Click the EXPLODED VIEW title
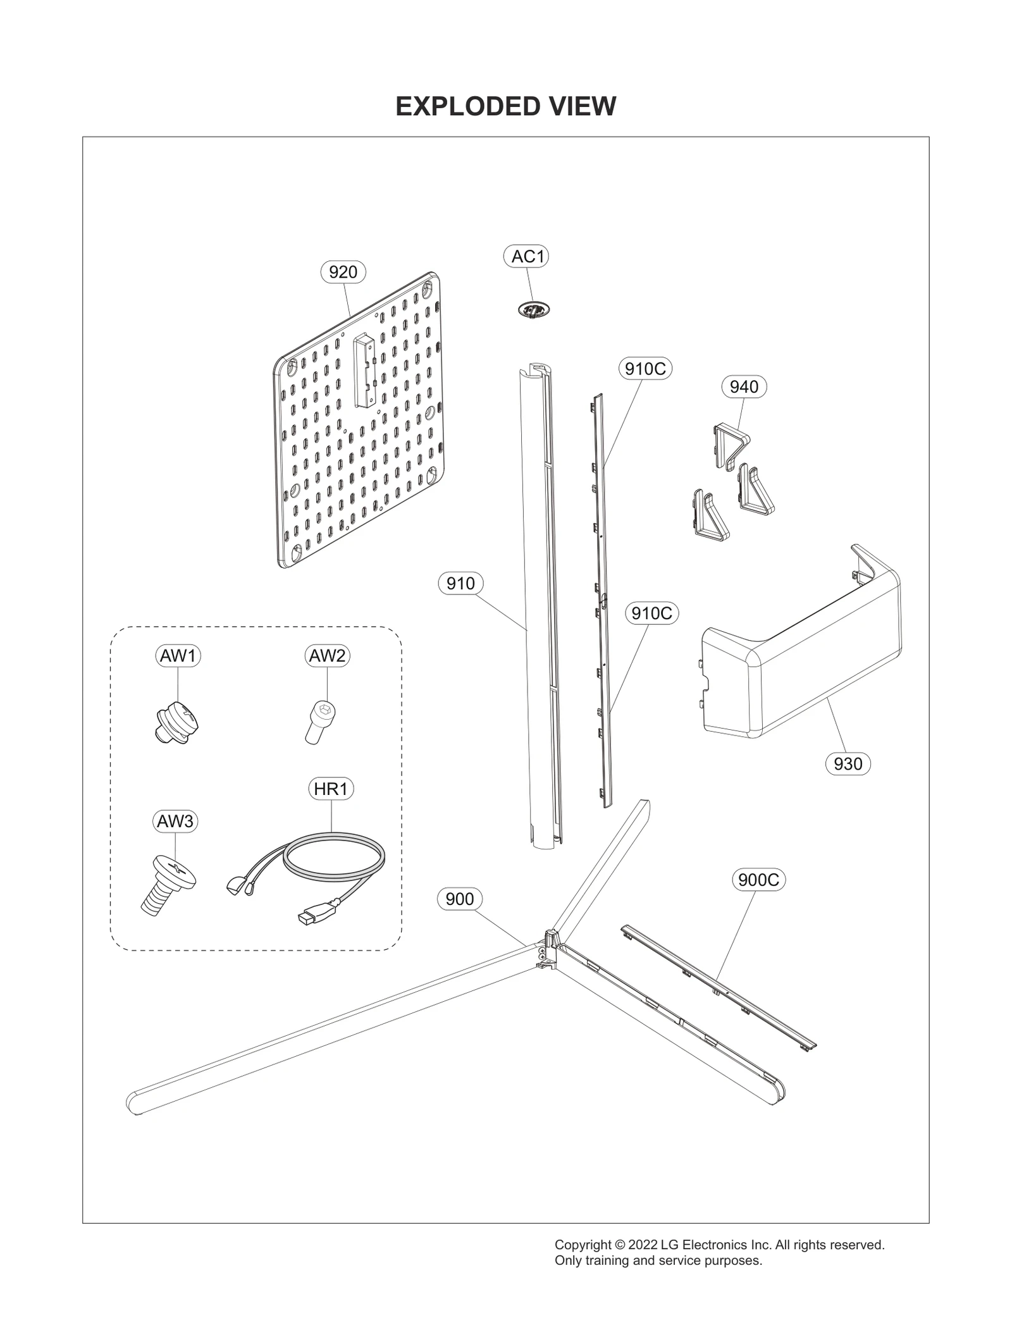[505, 106]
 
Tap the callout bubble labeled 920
[343, 272]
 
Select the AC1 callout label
[527, 256]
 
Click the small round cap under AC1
[534, 310]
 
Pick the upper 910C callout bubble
[645, 368]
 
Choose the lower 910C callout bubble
[651, 613]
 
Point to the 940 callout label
[743, 386]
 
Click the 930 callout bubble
[848, 763]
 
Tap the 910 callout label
[460, 583]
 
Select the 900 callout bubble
[459, 899]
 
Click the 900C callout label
[758, 880]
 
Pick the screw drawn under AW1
[177, 722]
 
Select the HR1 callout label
[330, 789]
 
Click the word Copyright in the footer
[582, 1245]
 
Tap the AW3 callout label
[175, 821]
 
